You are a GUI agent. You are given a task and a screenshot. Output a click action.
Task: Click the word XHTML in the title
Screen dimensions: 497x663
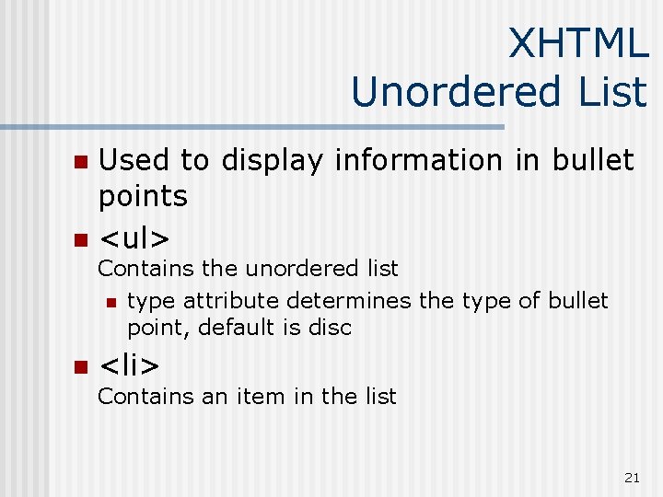(x=577, y=43)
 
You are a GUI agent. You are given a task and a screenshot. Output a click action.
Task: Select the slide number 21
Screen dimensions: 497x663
(x=632, y=477)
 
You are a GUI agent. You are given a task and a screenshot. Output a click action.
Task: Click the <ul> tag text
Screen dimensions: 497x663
(x=134, y=239)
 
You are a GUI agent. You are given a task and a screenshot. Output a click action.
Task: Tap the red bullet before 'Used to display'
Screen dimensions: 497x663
(x=80, y=162)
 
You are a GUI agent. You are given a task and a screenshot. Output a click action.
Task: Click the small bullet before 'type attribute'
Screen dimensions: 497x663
(x=110, y=302)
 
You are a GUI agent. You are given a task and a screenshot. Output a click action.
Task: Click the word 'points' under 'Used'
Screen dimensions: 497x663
(x=143, y=196)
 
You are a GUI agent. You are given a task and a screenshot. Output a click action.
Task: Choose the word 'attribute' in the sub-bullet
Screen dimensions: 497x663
(x=230, y=301)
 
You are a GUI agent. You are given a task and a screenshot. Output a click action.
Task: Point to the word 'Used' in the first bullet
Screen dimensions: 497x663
(x=134, y=160)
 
